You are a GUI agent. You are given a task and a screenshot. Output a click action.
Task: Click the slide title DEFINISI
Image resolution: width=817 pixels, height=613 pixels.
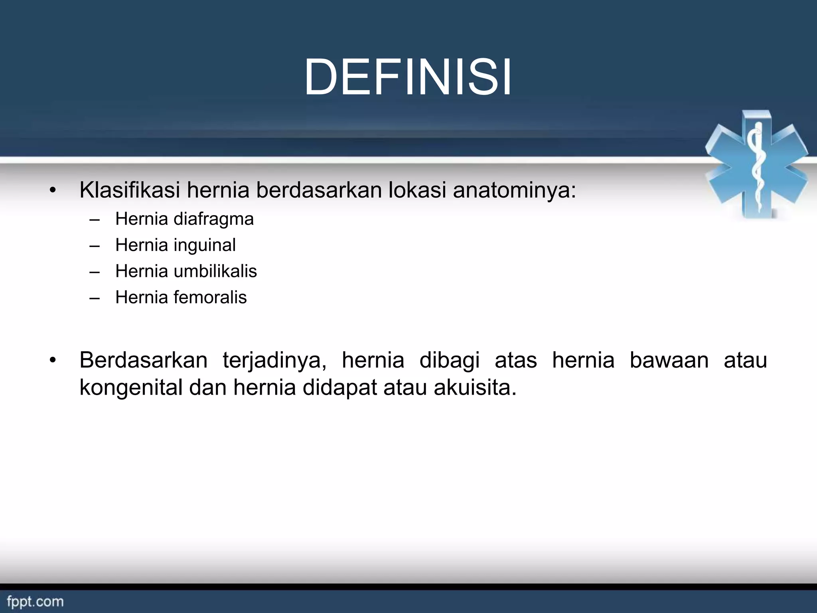[x=408, y=77]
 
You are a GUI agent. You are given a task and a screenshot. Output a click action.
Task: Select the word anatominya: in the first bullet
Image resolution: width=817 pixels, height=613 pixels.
[x=514, y=191]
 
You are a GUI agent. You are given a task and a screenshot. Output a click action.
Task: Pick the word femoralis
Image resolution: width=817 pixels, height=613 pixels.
[x=210, y=297]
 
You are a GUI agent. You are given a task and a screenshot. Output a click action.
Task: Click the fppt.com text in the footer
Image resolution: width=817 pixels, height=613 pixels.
[x=35, y=601]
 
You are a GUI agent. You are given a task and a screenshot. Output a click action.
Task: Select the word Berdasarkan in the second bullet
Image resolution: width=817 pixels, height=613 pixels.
[x=143, y=360]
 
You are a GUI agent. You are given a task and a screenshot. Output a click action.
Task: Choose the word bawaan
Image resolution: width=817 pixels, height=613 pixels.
[x=669, y=360]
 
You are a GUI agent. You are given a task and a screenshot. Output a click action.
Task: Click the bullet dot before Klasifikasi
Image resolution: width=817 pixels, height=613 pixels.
[x=53, y=191]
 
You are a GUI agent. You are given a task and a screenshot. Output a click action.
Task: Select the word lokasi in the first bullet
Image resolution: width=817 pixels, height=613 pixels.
[x=417, y=190]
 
